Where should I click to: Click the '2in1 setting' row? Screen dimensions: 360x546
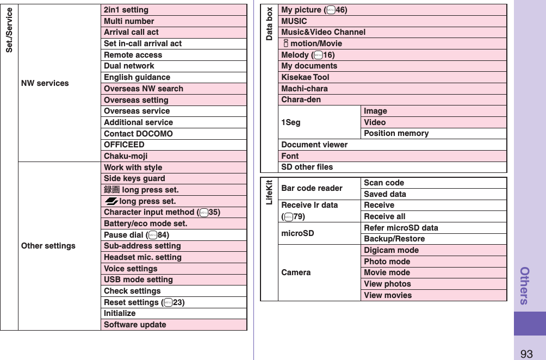coord(126,10)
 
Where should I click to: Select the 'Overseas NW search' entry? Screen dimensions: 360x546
coord(144,89)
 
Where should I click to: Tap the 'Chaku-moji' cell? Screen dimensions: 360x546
coord(126,156)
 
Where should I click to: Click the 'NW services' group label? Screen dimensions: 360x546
coord(45,83)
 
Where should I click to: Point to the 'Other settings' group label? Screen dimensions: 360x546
coord(48,246)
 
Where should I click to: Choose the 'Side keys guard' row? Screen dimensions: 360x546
coord(134,178)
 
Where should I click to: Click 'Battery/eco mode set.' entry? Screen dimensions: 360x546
coord(146,224)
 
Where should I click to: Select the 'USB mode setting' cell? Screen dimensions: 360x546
coord(138,280)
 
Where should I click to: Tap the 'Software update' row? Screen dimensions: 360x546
coord(135,325)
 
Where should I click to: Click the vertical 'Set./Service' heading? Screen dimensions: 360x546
coord(9,30)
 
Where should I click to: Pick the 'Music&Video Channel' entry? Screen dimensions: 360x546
coord(323,32)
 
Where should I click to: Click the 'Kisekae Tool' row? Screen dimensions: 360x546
coord(305,77)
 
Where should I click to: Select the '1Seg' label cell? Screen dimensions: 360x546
coord(291,122)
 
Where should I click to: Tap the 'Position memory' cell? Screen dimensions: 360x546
coord(396,133)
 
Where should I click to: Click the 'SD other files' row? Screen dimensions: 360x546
coord(307,167)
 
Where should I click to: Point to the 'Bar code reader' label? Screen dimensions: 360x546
coord(312,188)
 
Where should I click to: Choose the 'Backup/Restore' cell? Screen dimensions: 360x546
coord(394,239)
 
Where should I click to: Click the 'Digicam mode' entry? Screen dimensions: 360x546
coord(391,250)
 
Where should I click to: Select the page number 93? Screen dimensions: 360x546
coord(526,354)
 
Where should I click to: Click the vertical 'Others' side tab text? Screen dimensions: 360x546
coord(525,285)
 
